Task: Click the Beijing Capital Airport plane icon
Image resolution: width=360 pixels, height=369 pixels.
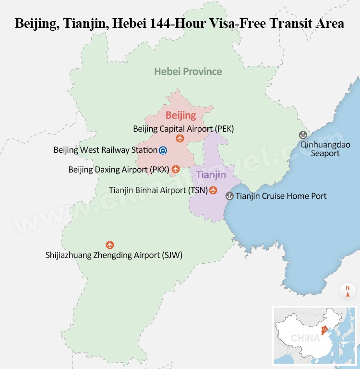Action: (x=180, y=138)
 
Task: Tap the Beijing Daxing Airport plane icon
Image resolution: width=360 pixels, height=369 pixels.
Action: (x=176, y=169)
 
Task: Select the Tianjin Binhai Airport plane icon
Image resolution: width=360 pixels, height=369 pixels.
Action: (x=213, y=190)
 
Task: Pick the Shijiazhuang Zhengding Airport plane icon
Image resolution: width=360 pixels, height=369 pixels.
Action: (x=110, y=245)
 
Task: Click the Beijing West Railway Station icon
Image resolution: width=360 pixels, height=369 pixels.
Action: (x=163, y=150)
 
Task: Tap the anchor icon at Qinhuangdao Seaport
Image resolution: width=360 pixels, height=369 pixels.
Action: (x=303, y=135)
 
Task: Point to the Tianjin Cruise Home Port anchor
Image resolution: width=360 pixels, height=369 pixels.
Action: (x=229, y=196)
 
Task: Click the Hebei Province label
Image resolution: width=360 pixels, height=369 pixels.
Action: (x=188, y=72)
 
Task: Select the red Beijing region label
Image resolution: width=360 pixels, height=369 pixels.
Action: (x=180, y=115)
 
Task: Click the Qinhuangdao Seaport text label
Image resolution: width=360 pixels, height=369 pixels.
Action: (x=325, y=149)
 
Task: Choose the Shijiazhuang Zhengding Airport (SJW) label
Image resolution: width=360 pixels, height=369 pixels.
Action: (x=114, y=255)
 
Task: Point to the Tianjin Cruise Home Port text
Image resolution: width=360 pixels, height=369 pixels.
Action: (x=281, y=196)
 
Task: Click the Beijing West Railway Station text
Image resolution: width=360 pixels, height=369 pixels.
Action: (x=105, y=150)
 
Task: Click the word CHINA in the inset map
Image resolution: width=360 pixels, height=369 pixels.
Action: (x=305, y=338)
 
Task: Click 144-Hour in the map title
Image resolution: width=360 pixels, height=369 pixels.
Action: (x=183, y=23)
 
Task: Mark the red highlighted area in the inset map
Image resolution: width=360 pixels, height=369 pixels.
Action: (x=324, y=330)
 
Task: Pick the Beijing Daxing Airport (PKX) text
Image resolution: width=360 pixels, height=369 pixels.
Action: (x=119, y=170)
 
